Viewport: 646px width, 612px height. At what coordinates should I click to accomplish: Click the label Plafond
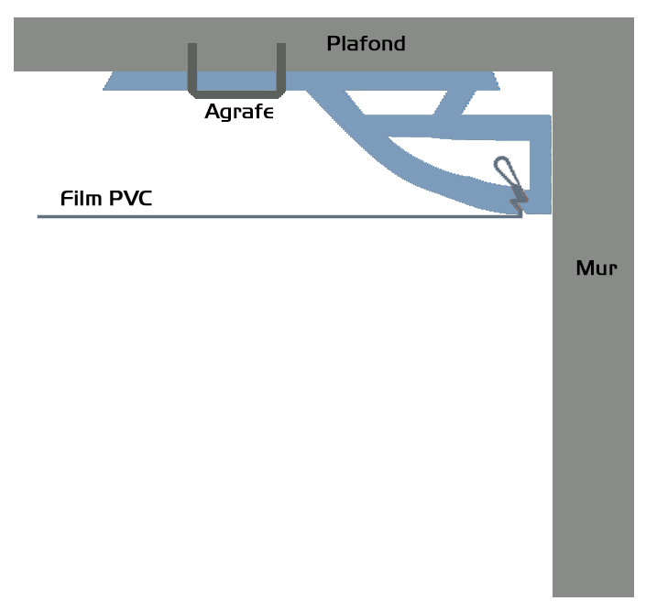(x=366, y=44)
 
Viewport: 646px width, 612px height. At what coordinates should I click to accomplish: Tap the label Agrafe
(x=239, y=112)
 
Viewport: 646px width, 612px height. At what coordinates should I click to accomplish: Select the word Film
(x=82, y=198)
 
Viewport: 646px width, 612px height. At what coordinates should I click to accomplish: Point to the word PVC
(x=131, y=198)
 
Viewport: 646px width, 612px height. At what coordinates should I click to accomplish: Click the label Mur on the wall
(x=597, y=268)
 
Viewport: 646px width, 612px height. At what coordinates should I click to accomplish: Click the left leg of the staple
(x=192, y=68)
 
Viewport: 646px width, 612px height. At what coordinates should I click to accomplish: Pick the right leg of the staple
(x=281, y=68)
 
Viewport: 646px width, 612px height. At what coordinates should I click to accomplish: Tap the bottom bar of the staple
(x=237, y=94)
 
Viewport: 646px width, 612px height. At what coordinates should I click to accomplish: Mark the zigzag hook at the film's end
(x=518, y=203)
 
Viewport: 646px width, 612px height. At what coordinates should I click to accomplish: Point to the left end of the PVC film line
(x=38, y=216)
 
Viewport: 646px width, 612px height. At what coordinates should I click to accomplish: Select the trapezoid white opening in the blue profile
(x=397, y=102)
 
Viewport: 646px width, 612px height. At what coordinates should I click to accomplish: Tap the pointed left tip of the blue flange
(x=104, y=89)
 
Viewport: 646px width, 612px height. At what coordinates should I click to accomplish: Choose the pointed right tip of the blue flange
(x=499, y=89)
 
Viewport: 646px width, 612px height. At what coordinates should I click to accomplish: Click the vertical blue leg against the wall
(x=541, y=165)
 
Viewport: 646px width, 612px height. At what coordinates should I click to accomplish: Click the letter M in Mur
(x=586, y=268)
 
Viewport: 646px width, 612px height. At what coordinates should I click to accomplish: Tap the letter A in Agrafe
(x=213, y=111)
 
